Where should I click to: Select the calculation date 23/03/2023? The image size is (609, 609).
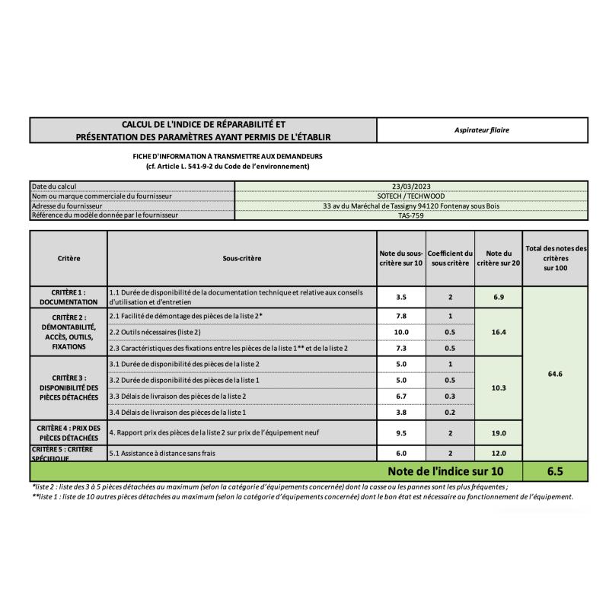pos(411,186)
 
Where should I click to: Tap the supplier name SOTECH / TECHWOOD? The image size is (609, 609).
pos(411,196)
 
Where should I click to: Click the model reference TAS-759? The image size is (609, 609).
pos(411,215)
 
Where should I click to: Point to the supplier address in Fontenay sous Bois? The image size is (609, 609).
pos(411,206)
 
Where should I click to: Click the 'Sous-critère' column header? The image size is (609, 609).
pos(241,258)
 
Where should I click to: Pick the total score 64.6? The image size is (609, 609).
pos(555,375)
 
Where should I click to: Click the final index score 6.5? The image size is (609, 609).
pos(555,471)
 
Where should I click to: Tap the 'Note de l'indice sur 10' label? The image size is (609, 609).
pos(445,471)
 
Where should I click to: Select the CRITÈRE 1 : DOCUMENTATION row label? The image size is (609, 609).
pos(69,297)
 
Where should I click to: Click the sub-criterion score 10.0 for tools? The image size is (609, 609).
pos(400,332)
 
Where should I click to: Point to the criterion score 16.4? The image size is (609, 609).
pos(499,332)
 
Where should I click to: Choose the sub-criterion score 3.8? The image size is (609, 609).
pos(400,412)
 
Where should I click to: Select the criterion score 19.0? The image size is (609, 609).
pos(499,432)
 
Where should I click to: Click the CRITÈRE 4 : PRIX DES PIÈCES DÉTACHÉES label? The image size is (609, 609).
pos(69,432)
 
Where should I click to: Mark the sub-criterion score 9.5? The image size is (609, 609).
pos(400,432)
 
